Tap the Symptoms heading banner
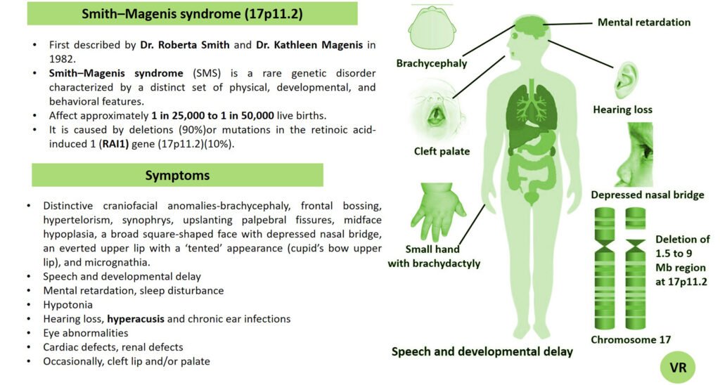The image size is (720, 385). coord(177,175)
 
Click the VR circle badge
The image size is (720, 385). coord(678,367)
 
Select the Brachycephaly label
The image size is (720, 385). coord(432,63)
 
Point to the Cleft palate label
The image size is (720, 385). coord(442,151)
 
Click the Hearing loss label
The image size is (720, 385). coord(622,110)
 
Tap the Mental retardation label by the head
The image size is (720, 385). coord(643,22)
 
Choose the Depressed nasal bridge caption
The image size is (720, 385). coord(648,195)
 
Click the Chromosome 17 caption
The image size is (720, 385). coord(631,339)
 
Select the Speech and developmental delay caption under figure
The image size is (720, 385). coord(482,351)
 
